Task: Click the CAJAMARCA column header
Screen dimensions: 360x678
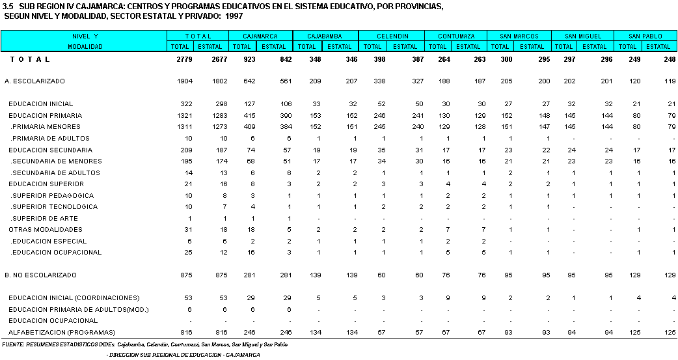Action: click(260, 36)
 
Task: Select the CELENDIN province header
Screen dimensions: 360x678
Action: click(392, 36)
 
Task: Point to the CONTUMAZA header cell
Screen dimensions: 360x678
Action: click(456, 36)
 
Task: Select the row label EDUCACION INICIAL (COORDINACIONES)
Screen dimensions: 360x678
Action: click(74, 298)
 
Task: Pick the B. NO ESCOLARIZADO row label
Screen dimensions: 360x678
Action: click(40, 275)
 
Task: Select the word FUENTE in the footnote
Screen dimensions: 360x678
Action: click(15, 344)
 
